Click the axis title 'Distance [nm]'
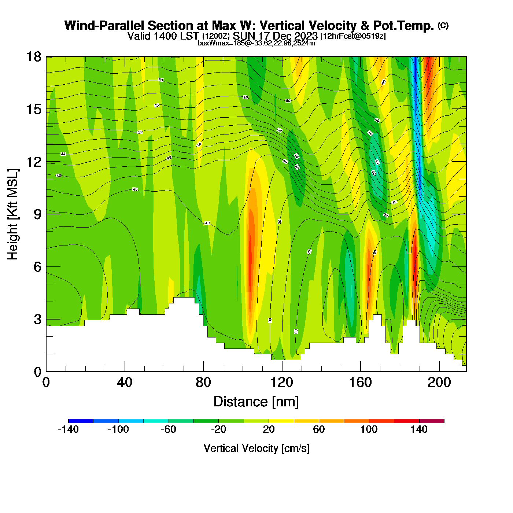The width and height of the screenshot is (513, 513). (256, 402)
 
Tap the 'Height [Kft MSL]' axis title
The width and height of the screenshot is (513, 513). (13, 214)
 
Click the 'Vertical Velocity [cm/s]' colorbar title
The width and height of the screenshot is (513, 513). (256, 448)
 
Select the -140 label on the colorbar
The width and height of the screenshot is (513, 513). (68, 429)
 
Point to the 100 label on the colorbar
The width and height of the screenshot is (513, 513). (369, 429)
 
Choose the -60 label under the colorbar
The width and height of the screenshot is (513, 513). (169, 429)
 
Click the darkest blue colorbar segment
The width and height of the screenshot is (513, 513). (81, 421)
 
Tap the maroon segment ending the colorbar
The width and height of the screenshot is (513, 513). (432, 421)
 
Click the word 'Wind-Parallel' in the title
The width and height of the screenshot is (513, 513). (104, 26)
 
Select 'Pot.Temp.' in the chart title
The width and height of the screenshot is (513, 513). (403, 26)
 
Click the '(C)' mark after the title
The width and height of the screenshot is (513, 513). (443, 25)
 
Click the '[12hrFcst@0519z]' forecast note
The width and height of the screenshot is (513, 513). (353, 36)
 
